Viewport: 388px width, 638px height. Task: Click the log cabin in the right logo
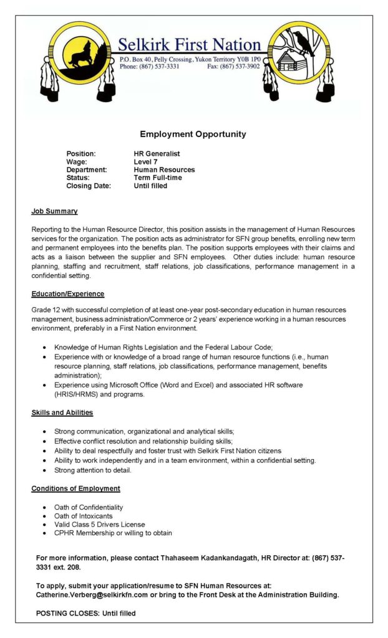(x=288, y=61)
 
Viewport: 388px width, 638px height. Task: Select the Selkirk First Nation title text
(x=189, y=45)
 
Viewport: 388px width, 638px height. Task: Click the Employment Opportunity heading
(x=193, y=134)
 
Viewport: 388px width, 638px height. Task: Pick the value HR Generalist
(x=157, y=153)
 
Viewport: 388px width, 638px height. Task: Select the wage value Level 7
(x=145, y=161)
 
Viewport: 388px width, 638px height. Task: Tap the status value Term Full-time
(x=158, y=178)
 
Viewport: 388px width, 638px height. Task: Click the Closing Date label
(x=89, y=186)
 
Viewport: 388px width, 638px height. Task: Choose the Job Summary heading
(x=54, y=211)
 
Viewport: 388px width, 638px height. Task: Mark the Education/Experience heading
(x=68, y=293)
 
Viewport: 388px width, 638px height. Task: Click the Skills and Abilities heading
(x=62, y=412)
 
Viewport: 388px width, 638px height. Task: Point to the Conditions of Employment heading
(x=75, y=488)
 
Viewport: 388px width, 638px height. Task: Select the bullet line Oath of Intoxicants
(x=84, y=516)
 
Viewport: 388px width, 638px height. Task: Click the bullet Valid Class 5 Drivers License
(x=99, y=525)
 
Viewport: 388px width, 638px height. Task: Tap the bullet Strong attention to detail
(x=93, y=470)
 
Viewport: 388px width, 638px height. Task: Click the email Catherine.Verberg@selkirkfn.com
(x=92, y=595)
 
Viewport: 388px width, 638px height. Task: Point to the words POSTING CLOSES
(x=67, y=614)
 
